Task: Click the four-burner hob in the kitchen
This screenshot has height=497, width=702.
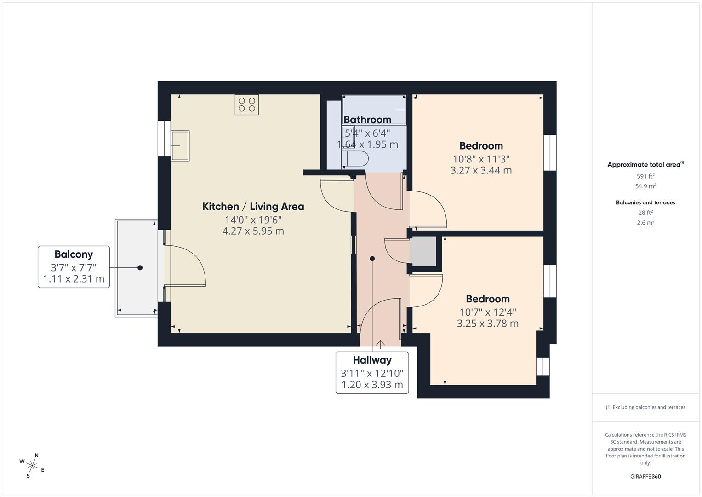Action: point(247,104)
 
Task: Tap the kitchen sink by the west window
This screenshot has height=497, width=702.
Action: point(180,145)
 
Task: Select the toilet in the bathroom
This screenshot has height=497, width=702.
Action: point(354,159)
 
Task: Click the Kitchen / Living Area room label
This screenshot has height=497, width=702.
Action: point(253,207)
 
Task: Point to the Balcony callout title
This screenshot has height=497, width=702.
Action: point(74,254)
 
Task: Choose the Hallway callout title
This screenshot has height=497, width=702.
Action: point(372,360)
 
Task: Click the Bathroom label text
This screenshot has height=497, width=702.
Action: point(367,120)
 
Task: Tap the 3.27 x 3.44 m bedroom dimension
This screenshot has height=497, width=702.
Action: point(481,170)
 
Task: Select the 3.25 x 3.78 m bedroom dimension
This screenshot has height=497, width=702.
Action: point(487,324)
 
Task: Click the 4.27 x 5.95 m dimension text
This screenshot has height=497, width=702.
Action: point(253,231)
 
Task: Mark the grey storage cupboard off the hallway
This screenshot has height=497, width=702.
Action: point(423,251)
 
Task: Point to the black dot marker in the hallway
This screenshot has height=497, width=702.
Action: point(372,259)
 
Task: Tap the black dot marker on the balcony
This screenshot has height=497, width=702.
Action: point(140,267)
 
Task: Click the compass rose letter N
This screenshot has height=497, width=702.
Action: point(37,456)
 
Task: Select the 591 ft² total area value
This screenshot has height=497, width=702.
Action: point(645,176)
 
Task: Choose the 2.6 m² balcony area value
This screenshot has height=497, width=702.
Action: point(645,223)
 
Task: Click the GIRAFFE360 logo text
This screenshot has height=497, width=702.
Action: point(645,477)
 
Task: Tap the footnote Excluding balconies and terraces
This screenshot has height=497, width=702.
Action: point(645,407)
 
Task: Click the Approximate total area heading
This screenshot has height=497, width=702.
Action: point(644,165)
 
